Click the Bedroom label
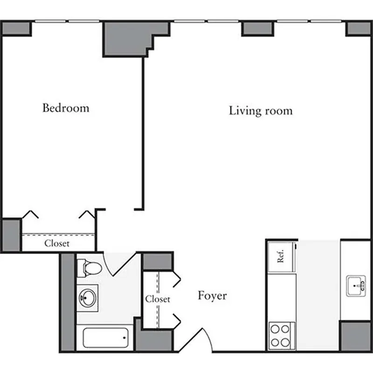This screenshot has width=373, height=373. [x=66, y=108]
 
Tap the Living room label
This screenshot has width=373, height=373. [x=261, y=111]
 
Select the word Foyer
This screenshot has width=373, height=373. [x=212, y=296]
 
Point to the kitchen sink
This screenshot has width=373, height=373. [x=356, y=285]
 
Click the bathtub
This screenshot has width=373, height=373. [x=106, y=338]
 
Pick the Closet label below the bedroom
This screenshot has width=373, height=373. [x=57, y=243]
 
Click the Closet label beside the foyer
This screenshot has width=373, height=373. [x=157, y=299]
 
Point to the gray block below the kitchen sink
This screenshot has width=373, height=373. [x=355, y=336]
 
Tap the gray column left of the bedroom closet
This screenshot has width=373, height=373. [x=11, y=235]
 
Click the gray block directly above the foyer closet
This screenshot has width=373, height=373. [x=157, y=262]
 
